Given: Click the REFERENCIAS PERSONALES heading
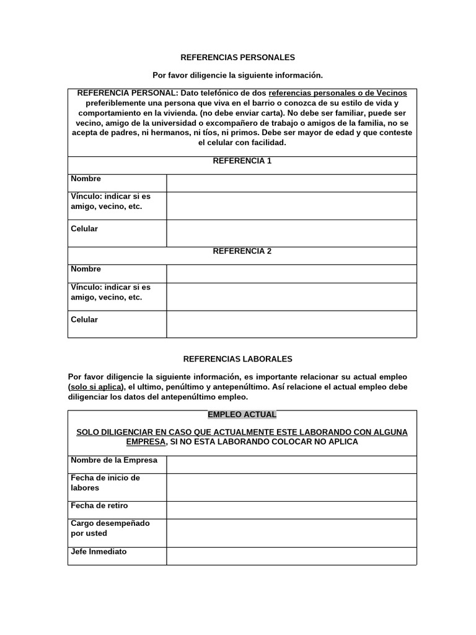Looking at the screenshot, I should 237,57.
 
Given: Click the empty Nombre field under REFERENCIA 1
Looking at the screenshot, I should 291,183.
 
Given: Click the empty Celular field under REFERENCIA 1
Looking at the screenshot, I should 291,233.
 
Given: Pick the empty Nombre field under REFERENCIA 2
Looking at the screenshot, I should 291,273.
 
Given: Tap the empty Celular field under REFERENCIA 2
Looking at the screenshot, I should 291,324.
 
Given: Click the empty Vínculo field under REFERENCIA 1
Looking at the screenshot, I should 291,205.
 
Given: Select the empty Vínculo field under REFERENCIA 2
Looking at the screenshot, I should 291,296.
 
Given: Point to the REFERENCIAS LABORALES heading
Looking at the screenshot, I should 237,358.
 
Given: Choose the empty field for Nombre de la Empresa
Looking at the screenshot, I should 291,464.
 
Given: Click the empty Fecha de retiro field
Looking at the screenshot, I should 291,510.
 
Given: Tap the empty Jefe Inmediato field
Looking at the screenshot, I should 291,556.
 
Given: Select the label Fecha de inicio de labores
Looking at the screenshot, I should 105,483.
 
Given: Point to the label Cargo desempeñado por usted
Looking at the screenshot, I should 110,528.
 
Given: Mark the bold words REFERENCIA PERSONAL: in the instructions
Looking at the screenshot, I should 127,92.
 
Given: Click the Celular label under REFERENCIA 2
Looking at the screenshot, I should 84,319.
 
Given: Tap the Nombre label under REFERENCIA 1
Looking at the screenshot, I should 86,179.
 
